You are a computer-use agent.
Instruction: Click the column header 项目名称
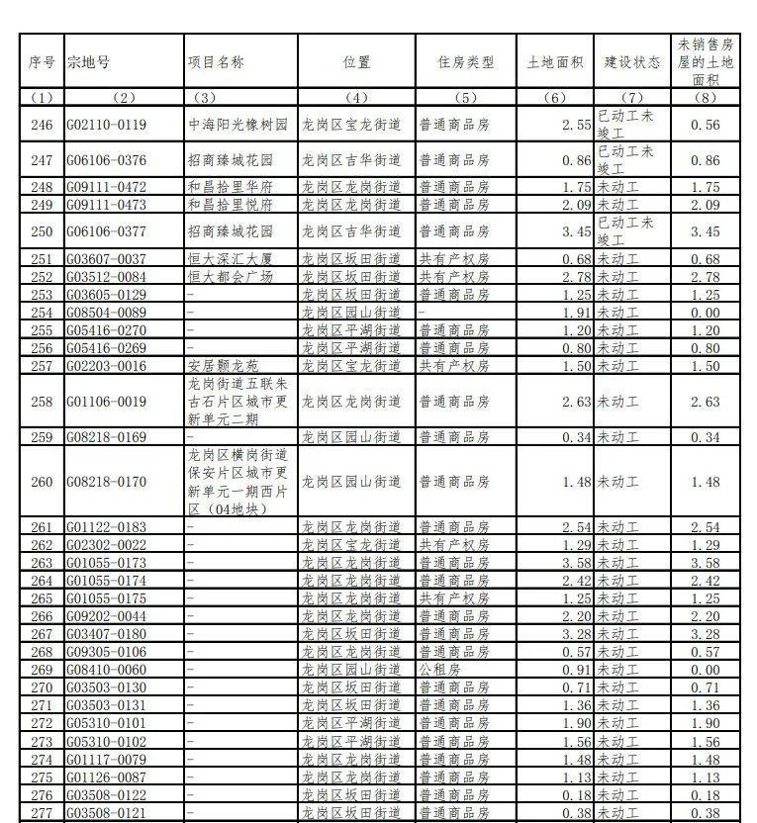tap(216, 62)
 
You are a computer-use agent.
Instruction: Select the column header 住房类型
tap(465, 62)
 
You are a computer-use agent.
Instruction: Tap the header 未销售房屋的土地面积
tap(706, 62)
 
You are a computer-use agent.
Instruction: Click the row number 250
tap(42, 231)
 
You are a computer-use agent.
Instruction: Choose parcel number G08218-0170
tap(106, 482)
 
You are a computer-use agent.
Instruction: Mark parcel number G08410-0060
tap(106, 670)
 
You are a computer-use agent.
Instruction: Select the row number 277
tap(42, 812)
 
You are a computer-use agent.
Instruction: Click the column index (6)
tap(555, 97)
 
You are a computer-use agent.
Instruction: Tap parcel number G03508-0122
tap(106, 794)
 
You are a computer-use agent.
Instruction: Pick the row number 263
tap(42, 563)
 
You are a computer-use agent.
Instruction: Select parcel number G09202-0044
tap(106, 616)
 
